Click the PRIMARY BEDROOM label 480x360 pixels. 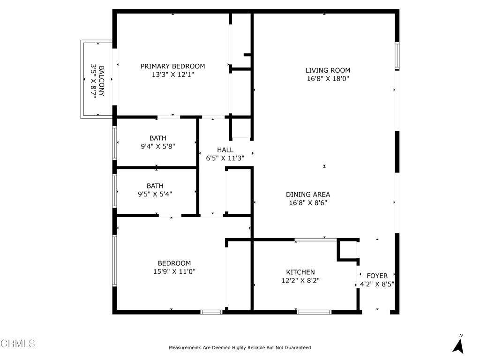tap(172, 66)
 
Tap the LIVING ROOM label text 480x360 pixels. tap(328, 70)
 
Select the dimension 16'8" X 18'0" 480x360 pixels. tap(328, 79)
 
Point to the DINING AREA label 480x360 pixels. tap(308, 195)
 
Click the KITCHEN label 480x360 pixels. tap(300, 272)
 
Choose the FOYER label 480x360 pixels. tap(377, 276)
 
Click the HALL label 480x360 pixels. tap(225, 150)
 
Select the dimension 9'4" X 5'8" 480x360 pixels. tap(157, 146)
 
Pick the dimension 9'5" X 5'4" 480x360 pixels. tap(155, 194)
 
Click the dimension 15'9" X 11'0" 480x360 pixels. tap(174, 271)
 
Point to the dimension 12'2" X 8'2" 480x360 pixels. tap(300, 280)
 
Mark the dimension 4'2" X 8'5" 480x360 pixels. tap(377, 284)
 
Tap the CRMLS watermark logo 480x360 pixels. tap(18, 344)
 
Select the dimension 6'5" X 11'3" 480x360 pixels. tap(225, 158)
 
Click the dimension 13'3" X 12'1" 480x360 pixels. tap(172, 75)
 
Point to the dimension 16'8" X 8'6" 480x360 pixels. tap(308, 203)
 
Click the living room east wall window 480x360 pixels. tap(397, 56)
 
